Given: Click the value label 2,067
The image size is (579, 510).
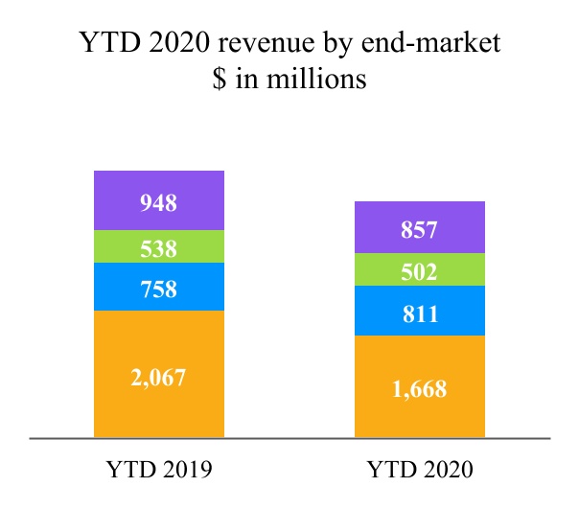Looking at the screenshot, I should coord(159,377).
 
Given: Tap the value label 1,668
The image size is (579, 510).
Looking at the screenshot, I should coord(420,389).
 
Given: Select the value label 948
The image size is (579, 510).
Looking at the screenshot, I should coord(159,202).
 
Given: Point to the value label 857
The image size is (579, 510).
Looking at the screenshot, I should coord(420,230).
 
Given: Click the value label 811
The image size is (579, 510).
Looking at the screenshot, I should coord(420,313).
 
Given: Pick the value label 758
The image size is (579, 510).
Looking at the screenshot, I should coord(159,288).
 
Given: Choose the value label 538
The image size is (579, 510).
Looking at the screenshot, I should coord(159,249).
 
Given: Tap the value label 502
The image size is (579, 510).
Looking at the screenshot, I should coord(420,271).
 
